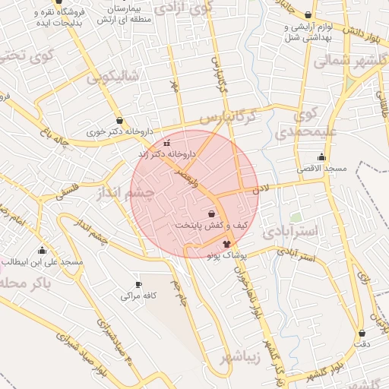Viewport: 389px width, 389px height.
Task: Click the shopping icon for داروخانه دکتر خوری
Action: pos(119,120)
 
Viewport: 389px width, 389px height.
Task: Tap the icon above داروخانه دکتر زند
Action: pos(167,143)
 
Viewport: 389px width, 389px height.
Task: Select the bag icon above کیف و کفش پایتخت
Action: pos(210,214)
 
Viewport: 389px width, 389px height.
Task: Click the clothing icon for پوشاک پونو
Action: pos(226,244)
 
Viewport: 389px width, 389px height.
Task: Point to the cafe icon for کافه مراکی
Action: pos(138,285)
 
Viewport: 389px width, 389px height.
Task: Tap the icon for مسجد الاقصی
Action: pos(321,157)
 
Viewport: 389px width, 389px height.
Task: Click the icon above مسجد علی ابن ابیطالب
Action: pos(42,250)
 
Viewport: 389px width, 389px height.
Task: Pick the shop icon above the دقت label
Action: pos(362,333)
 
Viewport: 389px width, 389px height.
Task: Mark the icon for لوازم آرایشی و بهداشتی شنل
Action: pos(308,15)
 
